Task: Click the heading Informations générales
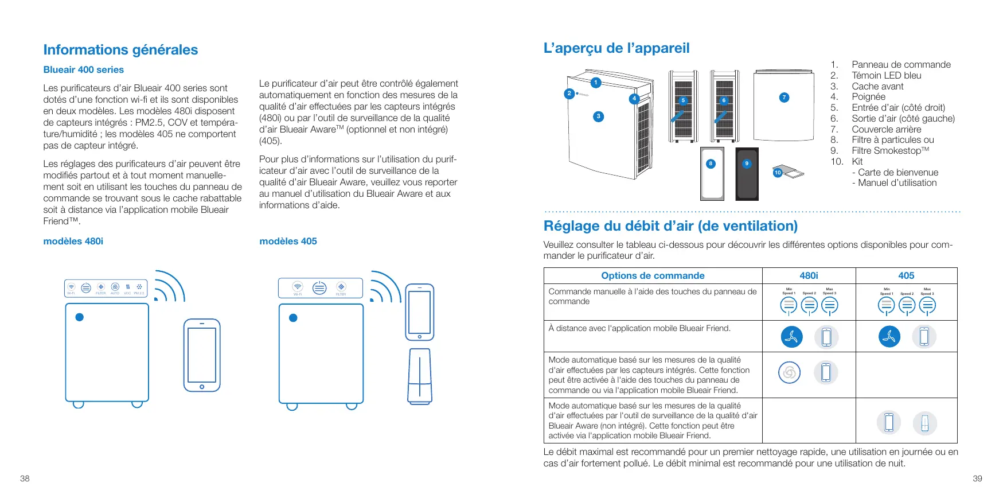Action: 120,50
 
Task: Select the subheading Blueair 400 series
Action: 84,69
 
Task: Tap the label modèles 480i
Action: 73,241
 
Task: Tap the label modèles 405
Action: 288,241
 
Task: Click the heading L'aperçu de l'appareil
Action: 616,48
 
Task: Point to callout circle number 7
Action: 784,98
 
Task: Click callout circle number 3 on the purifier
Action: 598,116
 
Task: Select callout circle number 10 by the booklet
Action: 778,172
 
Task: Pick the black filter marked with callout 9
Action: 747,174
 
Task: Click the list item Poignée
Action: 868,97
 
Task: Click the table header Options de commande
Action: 653,275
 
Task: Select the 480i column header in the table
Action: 809,275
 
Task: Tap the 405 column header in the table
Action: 906,275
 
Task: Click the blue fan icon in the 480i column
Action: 791,337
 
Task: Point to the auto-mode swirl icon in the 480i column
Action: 789,372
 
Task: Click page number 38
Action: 25,478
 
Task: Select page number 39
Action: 977,478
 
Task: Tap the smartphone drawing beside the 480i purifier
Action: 202,356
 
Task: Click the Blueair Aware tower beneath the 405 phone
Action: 420,376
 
